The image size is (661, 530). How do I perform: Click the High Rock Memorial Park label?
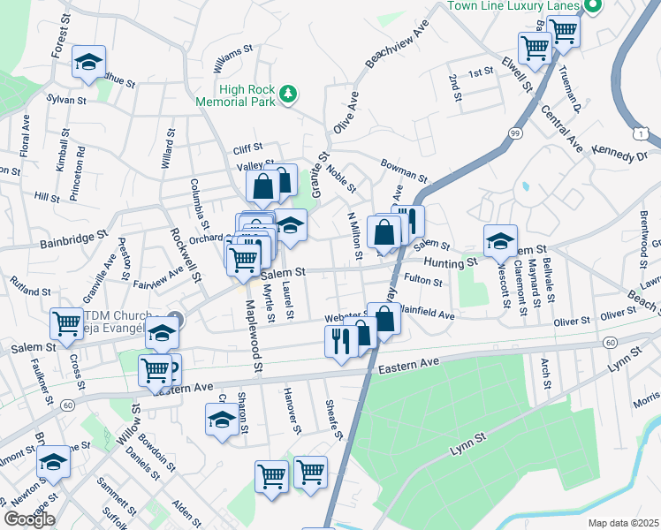click(x=247, y=95)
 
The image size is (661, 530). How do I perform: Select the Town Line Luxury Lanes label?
click(x=512, y=5)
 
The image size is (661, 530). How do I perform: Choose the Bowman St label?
click(x=404, y=164)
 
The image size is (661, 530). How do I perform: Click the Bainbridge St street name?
click(x=72, y=237)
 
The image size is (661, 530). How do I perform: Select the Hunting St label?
click(x=449, y=262)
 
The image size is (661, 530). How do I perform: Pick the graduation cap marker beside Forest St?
click(x=88, y=62)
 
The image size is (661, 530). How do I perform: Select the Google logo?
click(x=29, y=519)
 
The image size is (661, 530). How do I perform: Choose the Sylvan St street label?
click(x=66, y=100)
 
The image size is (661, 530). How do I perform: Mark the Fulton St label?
click(x=422, y=282)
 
